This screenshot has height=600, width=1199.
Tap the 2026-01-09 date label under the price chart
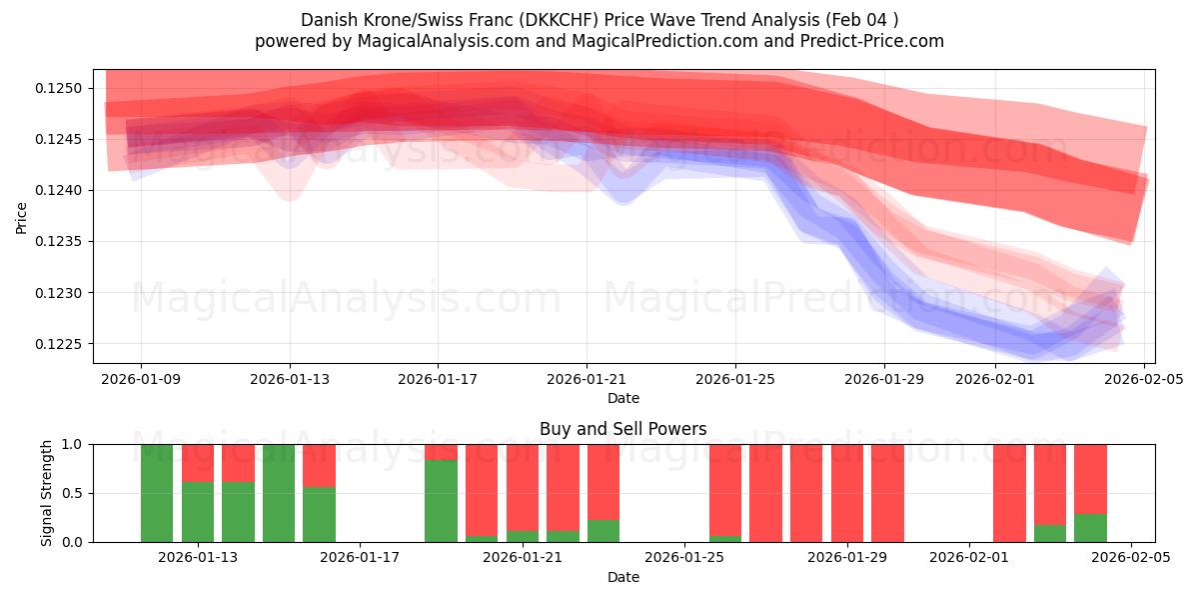[141, 379]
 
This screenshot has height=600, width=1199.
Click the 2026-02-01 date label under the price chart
[995, 379]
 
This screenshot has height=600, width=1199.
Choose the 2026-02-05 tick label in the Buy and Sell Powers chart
[1131, 558]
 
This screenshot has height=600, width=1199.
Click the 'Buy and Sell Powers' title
[622, 429]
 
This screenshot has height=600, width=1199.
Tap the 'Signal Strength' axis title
[47, 493]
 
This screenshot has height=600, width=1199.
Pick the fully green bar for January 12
[157, 493]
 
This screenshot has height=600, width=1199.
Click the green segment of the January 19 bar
[441, 501]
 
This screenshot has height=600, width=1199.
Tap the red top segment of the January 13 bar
[198, 463]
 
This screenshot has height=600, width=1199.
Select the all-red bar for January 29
[887, 493]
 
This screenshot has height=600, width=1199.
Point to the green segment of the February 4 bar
[1090, 528]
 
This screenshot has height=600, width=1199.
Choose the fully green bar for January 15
[279, 493]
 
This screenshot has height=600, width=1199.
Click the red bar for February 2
[1009, 493]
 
